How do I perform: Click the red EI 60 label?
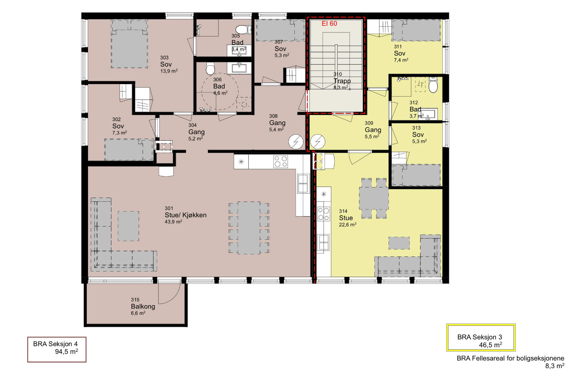coord(329,24)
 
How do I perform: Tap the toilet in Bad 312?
coord(433,85)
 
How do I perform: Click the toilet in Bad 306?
coord(210,69)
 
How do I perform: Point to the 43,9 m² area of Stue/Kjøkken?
coord(173,222)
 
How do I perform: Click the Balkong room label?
coord(143,306)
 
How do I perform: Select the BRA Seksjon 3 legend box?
coord(481,338)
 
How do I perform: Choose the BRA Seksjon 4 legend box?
coord(57,349)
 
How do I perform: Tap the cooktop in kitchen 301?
coord(281,161)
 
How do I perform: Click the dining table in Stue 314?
coord(374,198)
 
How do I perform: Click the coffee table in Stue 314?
coord(399,243)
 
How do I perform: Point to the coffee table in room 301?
coord(128,226)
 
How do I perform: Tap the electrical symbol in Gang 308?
coord(296,142)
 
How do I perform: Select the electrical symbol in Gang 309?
coord(318,141)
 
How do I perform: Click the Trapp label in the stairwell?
coord(342,81)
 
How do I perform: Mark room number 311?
coord(398,47)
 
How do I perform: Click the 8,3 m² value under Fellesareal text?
coord(555,366)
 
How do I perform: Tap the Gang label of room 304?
coord(196,132)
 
